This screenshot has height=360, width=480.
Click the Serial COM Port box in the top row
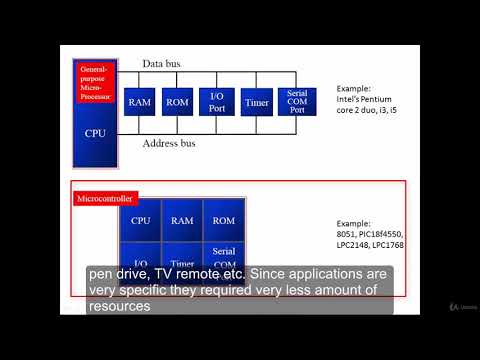296,102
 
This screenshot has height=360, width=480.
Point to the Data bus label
161,65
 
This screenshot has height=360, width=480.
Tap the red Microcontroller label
104,199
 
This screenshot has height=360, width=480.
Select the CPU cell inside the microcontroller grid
140,220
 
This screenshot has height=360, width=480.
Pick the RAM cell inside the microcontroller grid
181,220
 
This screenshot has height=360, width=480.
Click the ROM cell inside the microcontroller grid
222,220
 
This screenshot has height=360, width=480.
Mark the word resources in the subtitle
119,308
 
